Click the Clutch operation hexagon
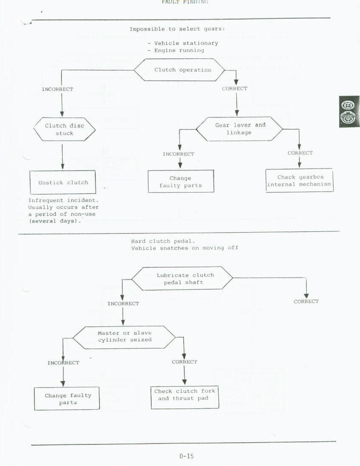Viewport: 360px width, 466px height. [183, 70]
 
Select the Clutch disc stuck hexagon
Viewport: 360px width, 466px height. [64, 129]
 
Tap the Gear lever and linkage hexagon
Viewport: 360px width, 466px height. [239, 129]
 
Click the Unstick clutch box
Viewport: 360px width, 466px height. [63, 182]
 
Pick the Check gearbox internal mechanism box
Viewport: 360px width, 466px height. [299, 180]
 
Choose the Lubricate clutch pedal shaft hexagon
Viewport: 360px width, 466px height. [183, 278]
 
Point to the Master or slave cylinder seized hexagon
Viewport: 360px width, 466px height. [125, 336]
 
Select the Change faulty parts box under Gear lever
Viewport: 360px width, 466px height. [181, 182]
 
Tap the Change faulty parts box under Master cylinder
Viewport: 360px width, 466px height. [67, 398]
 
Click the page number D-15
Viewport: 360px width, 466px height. [186, 456]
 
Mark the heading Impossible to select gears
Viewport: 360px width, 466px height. [177, 29]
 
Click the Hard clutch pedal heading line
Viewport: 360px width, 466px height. [163, 241]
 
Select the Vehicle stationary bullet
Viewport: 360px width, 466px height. [183, 43]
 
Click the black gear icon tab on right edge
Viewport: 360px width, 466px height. [349, 112]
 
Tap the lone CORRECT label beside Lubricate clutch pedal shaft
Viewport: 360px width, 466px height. [306, 302]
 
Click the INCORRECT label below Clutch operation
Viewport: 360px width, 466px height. [57, 89]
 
